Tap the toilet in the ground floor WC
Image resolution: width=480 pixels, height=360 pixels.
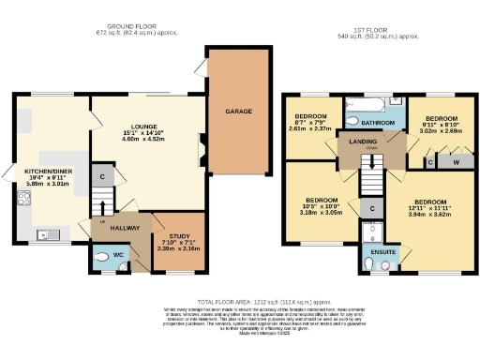[102, 263]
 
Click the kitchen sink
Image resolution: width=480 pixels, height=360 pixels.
[42, 234]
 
